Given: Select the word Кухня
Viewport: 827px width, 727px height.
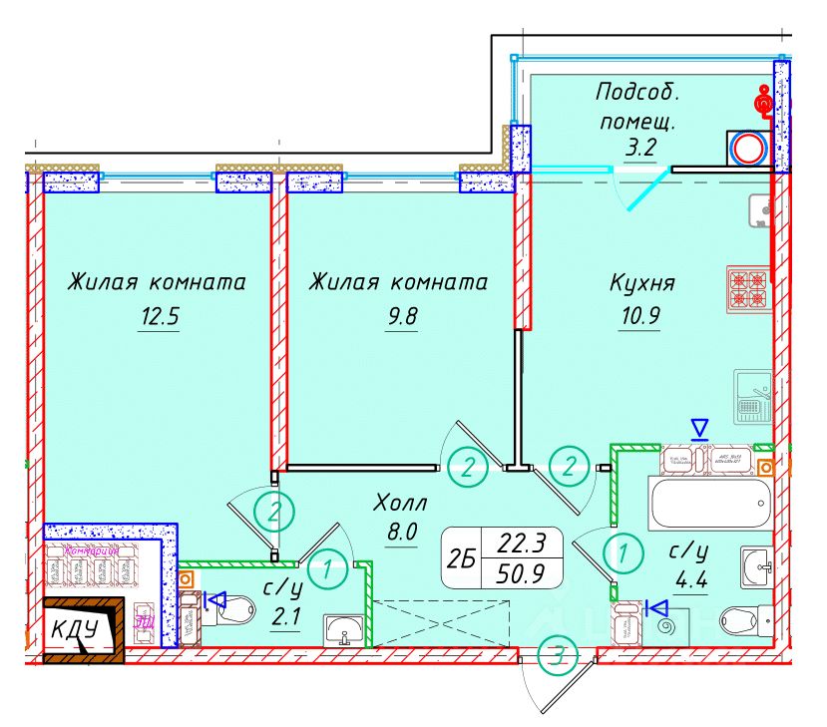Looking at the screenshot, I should [642, 283].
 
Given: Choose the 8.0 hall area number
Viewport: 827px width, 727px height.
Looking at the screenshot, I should [400, 533].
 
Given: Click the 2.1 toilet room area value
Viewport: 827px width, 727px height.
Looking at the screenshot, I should [288, 616].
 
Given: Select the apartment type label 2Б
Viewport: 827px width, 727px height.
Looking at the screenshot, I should [460, 561].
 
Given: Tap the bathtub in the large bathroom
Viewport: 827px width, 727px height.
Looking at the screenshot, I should [709, 502].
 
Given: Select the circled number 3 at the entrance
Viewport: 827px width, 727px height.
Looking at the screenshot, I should [558, 655].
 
